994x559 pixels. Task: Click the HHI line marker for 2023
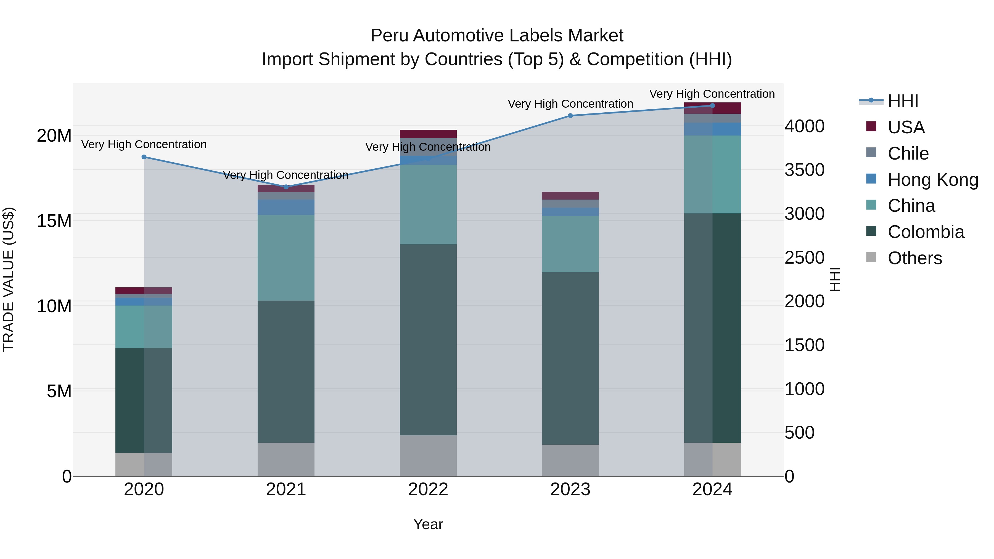click(x=570, y=116)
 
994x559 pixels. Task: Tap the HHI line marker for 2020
click(x=144, y=157)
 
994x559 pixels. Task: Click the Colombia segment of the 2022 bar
click(x=428, y=340)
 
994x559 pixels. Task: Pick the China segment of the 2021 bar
click(x=286, y=258)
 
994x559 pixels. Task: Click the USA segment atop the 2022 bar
click(x=428, y=134)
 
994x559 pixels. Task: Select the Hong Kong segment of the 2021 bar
click(x=286, y=207)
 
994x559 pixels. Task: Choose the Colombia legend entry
click(x=925, y=232)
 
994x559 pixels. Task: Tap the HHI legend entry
click(x=902, y=101)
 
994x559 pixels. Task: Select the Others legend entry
click(x=914, y=258)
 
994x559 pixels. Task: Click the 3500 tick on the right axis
click(x=805, y=170)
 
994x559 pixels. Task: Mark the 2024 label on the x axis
click(x=712, y=489)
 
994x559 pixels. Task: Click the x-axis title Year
click(x=428, y=524)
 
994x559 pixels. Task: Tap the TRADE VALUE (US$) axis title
click(x=9, y=279)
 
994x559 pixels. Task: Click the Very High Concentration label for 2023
click(x=570, y=104)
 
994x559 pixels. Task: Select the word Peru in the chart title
click(x=389, y=36)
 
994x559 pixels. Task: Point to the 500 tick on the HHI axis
click(x=800, y=433)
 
